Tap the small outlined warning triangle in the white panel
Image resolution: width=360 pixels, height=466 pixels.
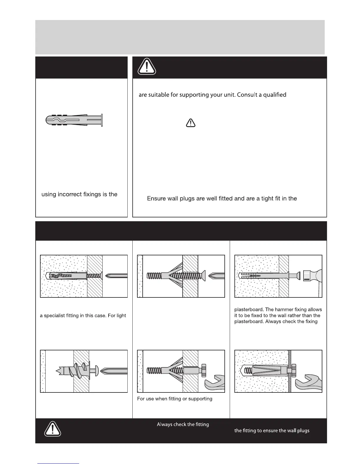coord(191,123)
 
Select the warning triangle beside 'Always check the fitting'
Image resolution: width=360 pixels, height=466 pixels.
coord(53,430)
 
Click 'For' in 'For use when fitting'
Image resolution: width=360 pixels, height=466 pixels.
coord(141,399)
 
